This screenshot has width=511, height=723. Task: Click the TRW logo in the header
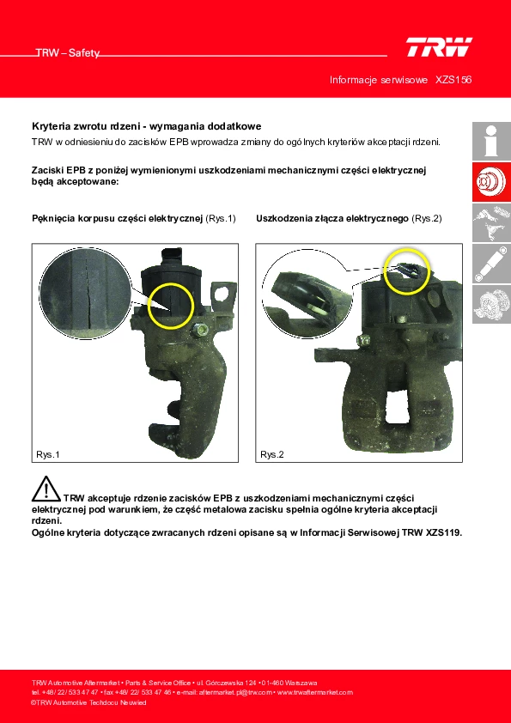click(439, 47)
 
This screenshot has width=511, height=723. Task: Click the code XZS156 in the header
click(453, 80)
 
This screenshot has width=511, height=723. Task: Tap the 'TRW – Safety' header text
click(68, 53)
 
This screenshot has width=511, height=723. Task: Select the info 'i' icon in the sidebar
click(491, 141)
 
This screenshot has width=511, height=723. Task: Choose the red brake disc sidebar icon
click(491, 182)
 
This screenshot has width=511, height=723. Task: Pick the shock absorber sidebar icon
click(491, 264)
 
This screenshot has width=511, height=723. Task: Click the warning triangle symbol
click(46, 489)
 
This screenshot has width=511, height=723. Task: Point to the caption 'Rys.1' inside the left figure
click(48, 454)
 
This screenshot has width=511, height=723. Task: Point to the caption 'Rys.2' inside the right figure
click(272, 454)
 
